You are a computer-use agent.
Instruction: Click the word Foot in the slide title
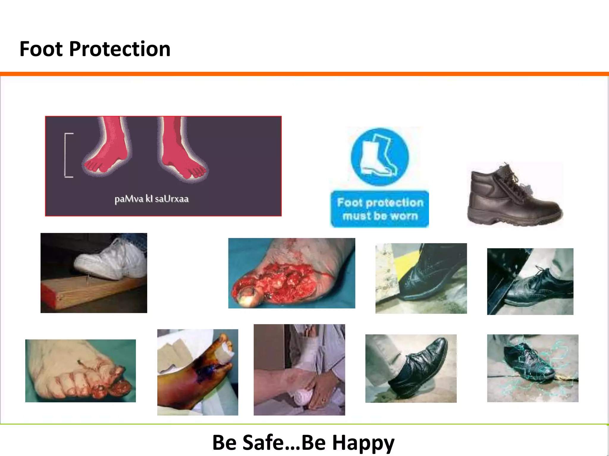pos(41,49)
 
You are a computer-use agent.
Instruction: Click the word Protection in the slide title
pos(120,49)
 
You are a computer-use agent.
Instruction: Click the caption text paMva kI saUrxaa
pos(152,199)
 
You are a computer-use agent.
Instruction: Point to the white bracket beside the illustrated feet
pos(68,155)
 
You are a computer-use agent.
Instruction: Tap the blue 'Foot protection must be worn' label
pos(380,209)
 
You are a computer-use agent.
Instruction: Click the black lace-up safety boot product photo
pos(514,194)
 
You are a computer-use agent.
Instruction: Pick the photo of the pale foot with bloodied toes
pos(80,371)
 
